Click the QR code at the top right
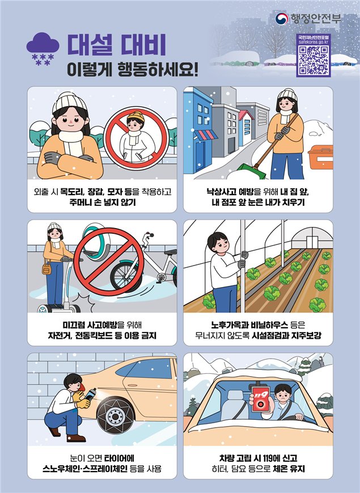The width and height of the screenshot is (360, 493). [x=313, y=60]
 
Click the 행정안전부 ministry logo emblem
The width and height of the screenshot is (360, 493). [x=282, y=19]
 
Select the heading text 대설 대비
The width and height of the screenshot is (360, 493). [x=117, y=44]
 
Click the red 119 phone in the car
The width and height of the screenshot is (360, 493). [x=260, y=399]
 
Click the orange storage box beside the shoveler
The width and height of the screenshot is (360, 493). [x=321, y=157]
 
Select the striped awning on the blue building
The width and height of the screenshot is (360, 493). [x=205, y=135]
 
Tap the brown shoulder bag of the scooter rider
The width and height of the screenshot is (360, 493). [x=46, y=269]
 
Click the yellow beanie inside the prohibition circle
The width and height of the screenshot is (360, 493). [x=135, y=117]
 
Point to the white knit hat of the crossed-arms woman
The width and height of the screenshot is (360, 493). [x=69, y=101]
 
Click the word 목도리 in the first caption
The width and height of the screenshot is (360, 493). [x=71, y=192]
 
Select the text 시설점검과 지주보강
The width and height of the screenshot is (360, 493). [x=286, y=335]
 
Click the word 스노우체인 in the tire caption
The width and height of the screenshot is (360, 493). [x=62, y=469]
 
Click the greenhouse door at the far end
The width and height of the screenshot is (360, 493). [x=312, y=242]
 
